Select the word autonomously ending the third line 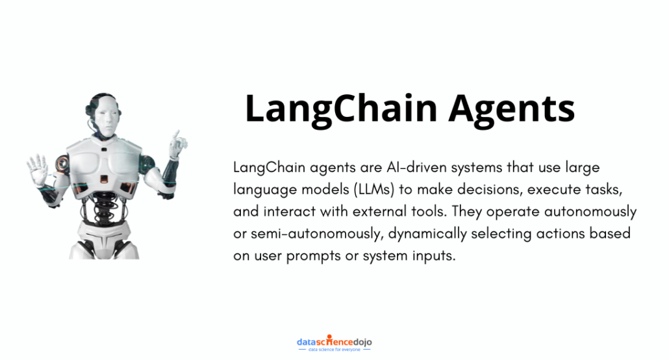[590, 212]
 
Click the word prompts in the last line [314, 256]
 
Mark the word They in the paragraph [467, 212]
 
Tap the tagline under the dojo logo [334, 350]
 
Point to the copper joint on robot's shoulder [63, 164]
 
